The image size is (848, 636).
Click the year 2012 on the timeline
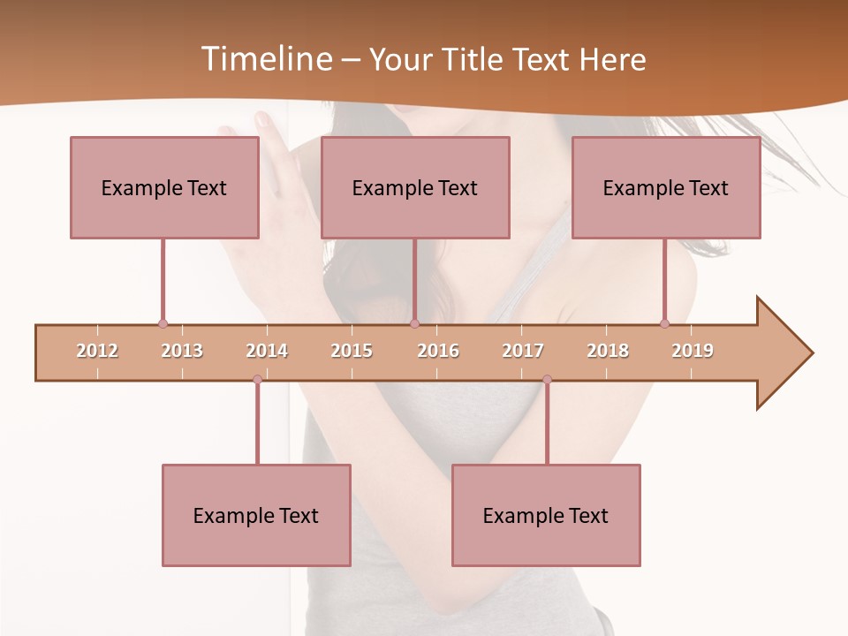coord(97,351)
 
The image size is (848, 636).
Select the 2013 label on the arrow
coord(182,351)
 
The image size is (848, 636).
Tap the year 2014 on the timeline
coord(267,351)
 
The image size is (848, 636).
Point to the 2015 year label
coord(352,351)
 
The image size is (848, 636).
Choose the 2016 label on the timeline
coord(438,351)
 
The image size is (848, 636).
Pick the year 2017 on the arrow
coord(523,351)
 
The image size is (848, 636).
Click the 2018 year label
coord(608,351)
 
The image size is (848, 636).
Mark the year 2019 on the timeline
coord(693,351)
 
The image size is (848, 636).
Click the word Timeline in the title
coord(265,59)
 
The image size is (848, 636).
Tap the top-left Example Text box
coord(164,187)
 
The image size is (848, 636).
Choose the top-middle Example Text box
coord(415,187)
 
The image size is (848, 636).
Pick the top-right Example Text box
coord(666,187)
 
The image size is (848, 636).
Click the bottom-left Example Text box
coord(256,515)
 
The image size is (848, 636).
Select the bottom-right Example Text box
coord(546,515)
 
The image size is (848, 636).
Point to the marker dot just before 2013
coord(163,323)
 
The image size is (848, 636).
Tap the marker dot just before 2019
coord(664,323)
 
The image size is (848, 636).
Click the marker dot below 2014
coord(257,379)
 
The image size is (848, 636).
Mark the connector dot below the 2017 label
coord(547,379)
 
